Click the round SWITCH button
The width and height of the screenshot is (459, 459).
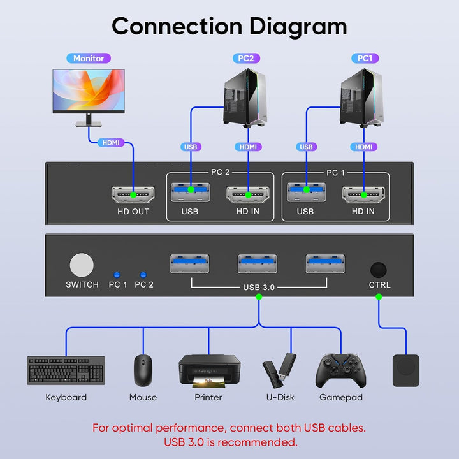point(82,265)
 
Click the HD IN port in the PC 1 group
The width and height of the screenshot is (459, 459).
point(362,194)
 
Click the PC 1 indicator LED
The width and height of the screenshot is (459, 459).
point(117,272)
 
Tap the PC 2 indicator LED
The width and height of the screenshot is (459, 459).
point(143,272)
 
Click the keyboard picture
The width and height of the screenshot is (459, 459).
point(66,370)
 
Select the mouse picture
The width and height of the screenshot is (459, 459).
point(143,370)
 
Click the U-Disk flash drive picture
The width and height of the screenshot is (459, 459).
point(279,369)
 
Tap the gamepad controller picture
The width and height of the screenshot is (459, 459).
point(341,370)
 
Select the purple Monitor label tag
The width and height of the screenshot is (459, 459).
point(89,58)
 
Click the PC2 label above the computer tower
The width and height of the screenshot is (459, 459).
point(245,58)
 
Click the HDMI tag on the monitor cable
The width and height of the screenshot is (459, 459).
point(112,143)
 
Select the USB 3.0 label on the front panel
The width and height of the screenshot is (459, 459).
point(258,287)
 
